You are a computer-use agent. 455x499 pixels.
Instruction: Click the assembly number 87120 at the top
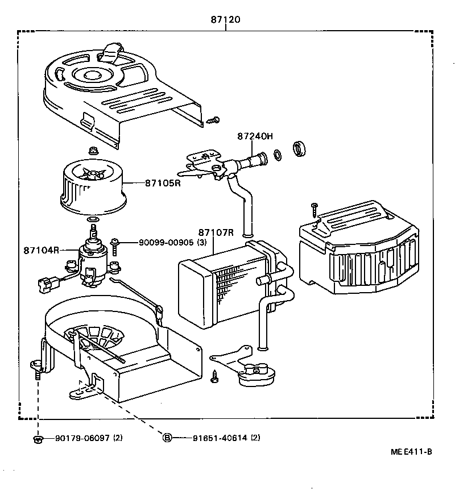226,19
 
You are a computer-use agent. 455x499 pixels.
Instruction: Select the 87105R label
162,183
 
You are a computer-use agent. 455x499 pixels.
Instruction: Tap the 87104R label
42,250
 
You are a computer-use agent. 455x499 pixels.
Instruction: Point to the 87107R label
216,232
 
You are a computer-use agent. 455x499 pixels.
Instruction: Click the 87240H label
255,136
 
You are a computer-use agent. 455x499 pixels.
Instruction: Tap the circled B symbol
168,438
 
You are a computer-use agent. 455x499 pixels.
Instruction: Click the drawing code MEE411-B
411,452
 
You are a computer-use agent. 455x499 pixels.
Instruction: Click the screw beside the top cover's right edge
214,120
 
